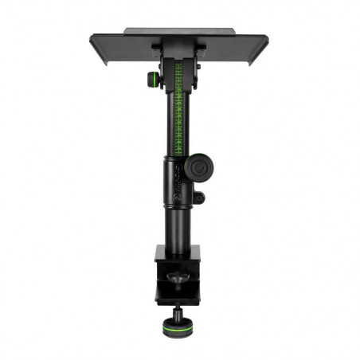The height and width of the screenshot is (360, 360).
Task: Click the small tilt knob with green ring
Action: (152, 79)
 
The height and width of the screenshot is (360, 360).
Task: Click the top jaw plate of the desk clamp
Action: (178, 254)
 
